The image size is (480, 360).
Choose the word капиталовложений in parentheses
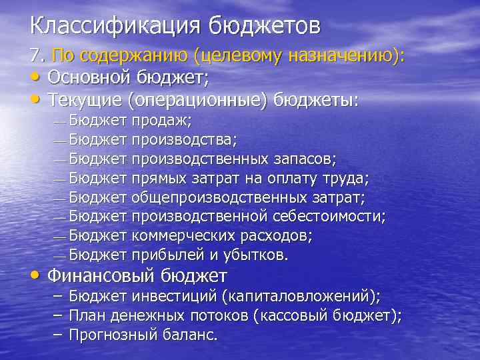(x=309, y=297)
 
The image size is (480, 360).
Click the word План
(x=86, y=316)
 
